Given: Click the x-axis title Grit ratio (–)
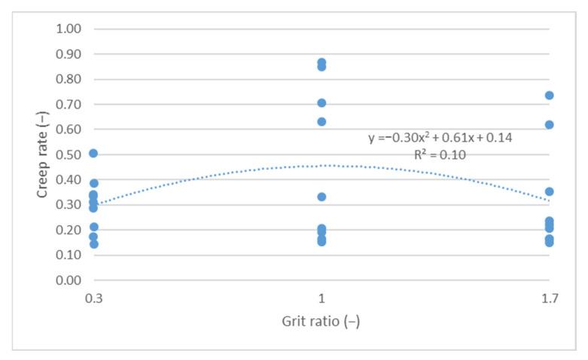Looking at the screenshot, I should coord(321,319).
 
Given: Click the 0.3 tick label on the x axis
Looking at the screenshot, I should coord(93,297).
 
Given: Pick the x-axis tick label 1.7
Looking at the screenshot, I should coord(549,297).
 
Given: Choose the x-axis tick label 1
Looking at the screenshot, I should coord(321,297).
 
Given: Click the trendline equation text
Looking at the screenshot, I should coord(440,138).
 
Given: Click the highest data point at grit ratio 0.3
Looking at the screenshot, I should coord(93,154).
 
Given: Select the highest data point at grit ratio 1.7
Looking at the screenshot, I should coord(550,96).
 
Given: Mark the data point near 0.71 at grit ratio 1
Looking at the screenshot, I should coord(321,103).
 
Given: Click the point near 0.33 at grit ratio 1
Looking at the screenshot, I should coord(321,197).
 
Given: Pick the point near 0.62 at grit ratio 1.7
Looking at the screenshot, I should coord(550,125).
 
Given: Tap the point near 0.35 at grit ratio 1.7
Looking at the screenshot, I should coord(550,192).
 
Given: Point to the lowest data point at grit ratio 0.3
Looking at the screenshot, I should coord(93,244).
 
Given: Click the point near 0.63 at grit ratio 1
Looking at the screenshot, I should coord(321,121).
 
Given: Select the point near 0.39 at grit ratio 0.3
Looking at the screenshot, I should coord(93,183).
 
